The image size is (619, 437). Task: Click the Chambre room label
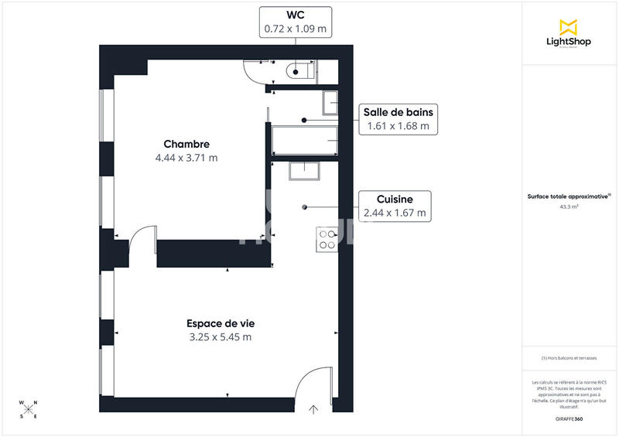(186, 144)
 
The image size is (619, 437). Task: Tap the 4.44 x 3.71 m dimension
(186, 158)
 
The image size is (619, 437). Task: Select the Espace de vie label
(220, 323)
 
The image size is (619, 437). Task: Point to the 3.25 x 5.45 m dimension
(221, 337)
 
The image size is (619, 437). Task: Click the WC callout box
(295, 22)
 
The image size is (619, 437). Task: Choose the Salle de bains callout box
(397, 119)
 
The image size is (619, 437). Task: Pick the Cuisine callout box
(395, 206)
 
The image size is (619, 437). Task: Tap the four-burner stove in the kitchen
(327, 240)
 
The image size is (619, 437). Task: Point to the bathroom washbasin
(330, 102)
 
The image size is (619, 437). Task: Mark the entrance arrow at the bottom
(314, 410)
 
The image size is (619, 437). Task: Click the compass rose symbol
(29, 409)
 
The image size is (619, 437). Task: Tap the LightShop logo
(569, 32)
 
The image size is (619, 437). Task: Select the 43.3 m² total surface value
(569, 207)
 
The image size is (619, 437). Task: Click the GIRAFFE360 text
(569, 419)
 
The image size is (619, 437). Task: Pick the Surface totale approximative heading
(569, 197)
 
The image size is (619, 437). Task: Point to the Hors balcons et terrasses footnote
(569, 358)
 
